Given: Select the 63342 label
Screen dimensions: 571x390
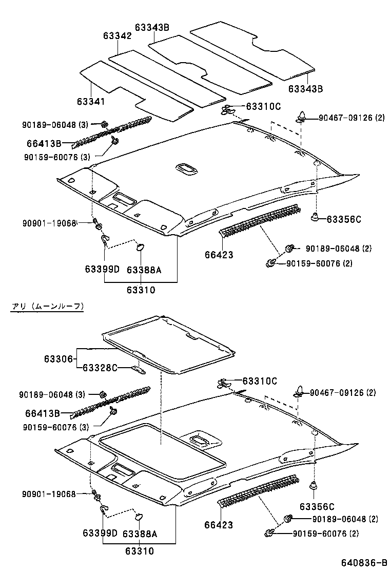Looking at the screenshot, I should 117,36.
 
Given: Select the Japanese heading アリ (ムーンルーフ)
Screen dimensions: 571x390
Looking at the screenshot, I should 47,306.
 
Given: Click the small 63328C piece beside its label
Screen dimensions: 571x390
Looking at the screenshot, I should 139,368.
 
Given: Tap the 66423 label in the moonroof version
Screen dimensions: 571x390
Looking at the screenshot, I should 219,525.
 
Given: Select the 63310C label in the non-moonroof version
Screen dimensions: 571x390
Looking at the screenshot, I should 263,106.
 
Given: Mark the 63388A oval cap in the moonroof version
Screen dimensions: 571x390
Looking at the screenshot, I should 139,515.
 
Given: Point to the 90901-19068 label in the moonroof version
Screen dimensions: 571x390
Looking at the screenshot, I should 49,494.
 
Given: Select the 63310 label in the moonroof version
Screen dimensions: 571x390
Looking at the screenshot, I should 139,551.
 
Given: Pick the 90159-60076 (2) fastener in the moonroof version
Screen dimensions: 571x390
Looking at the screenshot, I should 269,534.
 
